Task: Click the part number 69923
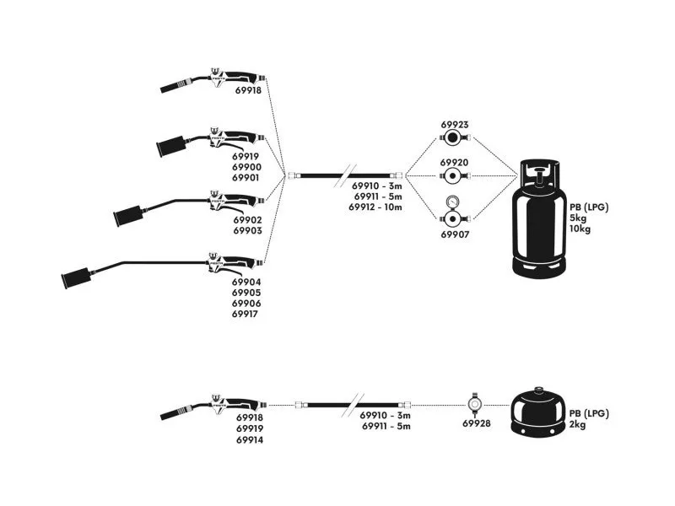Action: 455,125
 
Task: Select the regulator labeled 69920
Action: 454,176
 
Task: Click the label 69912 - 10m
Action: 375,207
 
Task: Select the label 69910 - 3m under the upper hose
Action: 377,186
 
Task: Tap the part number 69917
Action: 246,314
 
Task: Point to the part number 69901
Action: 246,178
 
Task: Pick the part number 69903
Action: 246,230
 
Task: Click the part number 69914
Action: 250,439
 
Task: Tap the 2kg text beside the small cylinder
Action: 579,424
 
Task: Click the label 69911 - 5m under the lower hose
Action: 386,427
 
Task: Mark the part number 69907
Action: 455,235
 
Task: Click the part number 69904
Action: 246,282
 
